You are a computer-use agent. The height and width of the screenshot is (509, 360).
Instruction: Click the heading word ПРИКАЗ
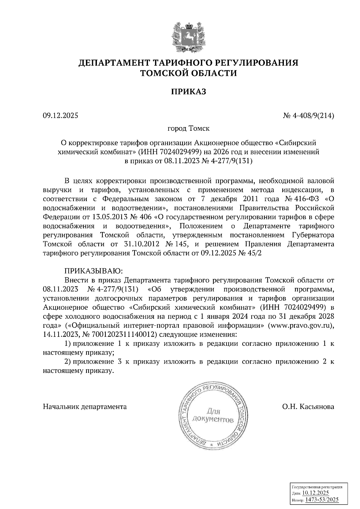point(188,91)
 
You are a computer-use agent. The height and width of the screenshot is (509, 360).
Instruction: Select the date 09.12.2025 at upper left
point(60,115)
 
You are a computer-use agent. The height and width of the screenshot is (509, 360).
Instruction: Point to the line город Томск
point(188,129)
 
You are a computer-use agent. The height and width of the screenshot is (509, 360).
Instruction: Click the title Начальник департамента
point(85,406)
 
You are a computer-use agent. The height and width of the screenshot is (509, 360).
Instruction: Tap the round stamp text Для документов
point(213,415)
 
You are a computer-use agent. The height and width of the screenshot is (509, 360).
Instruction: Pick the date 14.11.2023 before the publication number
point(60,334)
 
